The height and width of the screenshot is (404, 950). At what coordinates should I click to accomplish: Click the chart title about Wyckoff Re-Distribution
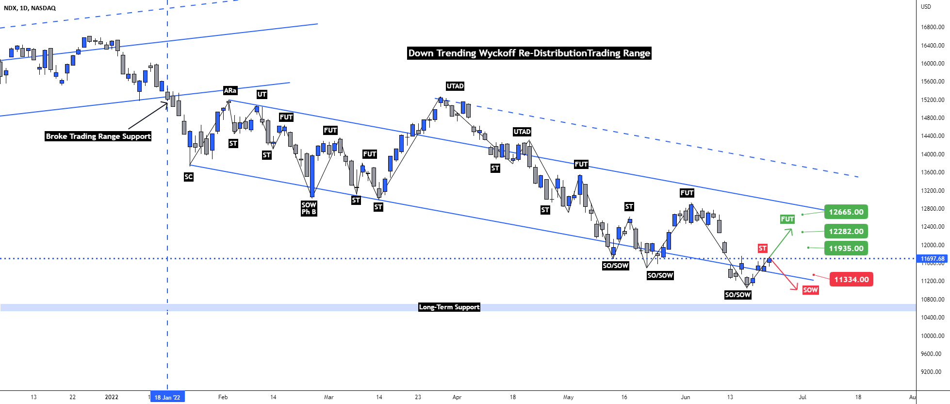click(529, 53)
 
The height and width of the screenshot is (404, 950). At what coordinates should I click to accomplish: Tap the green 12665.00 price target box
click(846, 212)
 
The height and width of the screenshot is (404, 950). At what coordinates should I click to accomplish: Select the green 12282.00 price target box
click(846, 231)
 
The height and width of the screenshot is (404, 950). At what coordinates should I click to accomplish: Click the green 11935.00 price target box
click(846, 249)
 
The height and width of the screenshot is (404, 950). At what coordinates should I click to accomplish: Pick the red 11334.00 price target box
click(851, 279)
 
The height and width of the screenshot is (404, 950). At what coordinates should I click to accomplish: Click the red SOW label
click(810, 290)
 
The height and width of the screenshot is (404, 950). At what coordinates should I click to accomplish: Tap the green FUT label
click(787, 219)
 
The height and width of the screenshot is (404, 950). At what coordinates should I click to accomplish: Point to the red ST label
click(762, 249)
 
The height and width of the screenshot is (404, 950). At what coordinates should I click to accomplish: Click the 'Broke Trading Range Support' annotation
click(98, 136)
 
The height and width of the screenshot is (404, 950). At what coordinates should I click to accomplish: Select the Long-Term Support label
click(449, 307)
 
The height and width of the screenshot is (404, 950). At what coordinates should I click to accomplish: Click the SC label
click(189, 177)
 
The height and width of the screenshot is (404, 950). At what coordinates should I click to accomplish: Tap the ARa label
click(230, 90)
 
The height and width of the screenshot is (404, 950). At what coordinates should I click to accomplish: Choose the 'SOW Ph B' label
click(309, 208)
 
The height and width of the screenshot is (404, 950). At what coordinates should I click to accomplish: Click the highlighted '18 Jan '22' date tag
click(167, 397)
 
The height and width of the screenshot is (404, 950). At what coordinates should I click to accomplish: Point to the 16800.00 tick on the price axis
click(932, 27)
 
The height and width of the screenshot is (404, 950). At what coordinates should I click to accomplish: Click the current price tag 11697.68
click(932, 259)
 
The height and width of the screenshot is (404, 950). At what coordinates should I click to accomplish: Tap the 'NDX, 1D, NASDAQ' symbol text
click(30, 8)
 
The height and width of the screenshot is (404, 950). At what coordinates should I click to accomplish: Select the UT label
click(262, 94)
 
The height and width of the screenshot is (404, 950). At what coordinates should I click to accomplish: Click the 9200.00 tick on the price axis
click(932, 372)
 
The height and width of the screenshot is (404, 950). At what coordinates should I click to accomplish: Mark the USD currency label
click(926, 7)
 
